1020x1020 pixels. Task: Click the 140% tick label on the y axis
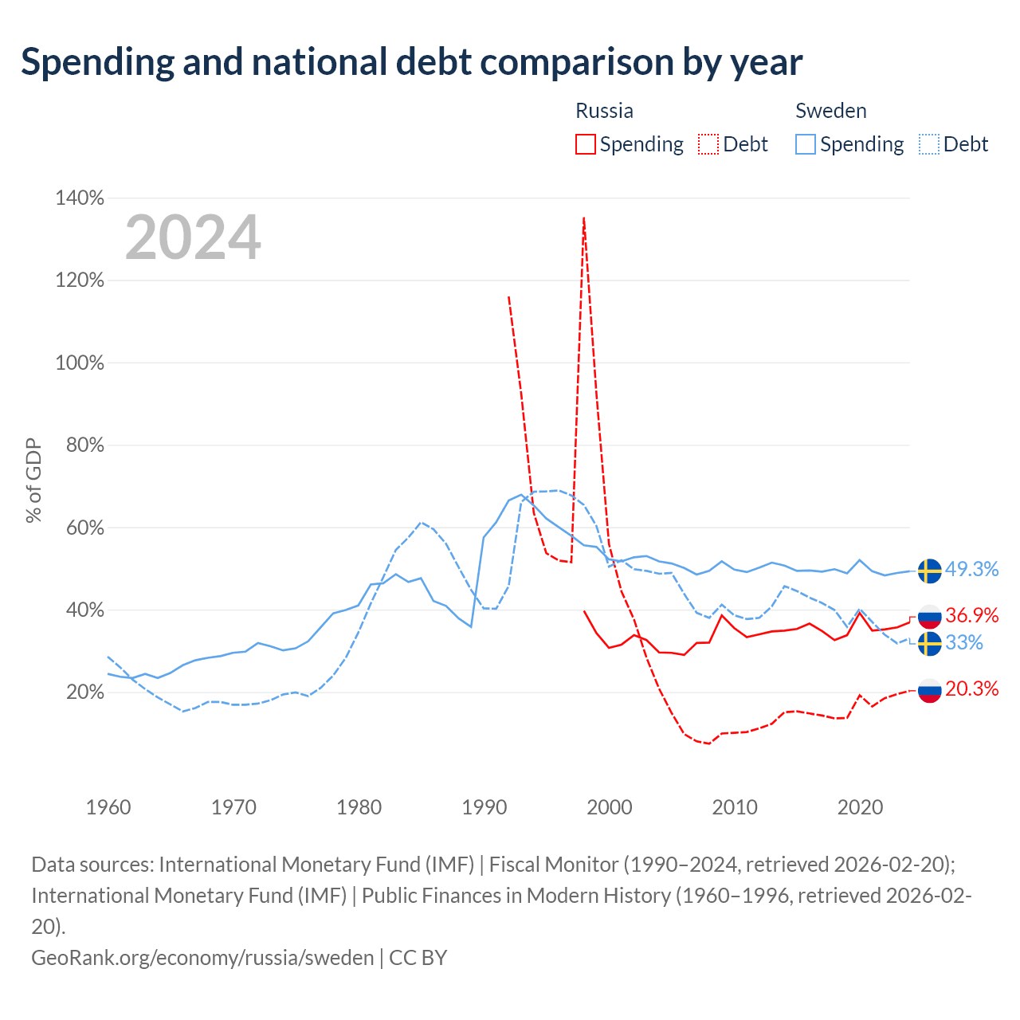coord(80,198)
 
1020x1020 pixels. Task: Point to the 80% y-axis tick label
coord(84,445)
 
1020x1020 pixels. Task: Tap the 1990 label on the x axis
coord(484,807)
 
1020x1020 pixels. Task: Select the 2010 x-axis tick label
coord(734,807)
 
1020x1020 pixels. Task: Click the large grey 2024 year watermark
coord(193,237)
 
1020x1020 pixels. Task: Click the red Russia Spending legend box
coord(586,144)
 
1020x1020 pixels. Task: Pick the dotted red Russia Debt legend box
coord(708,144)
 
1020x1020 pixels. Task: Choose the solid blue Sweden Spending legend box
coord(805,144)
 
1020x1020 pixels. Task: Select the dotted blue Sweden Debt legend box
coord(928,144)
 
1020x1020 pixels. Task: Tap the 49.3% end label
coord(971,569)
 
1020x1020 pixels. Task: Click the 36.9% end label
coord(971,615)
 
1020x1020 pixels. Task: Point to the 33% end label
coord(963,642)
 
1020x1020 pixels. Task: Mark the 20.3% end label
coord(971,688)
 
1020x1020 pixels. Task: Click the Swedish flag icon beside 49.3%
coord(929,571)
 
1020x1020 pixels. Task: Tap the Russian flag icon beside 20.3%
coord(929,691)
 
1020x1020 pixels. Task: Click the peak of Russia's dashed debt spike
coord(584,218)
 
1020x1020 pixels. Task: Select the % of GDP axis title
coord(33,480)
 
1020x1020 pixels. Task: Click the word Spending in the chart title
coord(98,62)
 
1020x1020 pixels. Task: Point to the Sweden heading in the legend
coord(830,111)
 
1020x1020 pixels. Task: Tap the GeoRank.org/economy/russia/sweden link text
coord(202,958)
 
